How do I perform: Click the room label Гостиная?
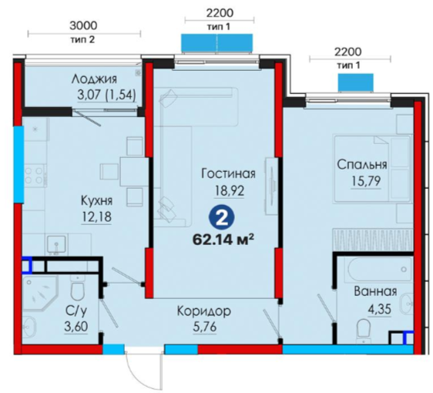point(228,174)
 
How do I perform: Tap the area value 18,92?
point(230,190)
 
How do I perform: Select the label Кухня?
point(96,200)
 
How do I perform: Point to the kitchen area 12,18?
point(96,217)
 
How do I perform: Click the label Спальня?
point(362,165)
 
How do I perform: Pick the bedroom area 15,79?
point(366,181)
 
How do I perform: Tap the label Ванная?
point(375,291)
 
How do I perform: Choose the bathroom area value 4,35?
point(379,309)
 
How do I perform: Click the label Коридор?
point(204,311)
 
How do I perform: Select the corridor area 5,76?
point(205,327)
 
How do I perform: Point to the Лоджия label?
point(94,79)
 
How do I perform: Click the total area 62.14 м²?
point(223,240)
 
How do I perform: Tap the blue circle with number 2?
point(221,218)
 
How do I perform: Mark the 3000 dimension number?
point(83,25)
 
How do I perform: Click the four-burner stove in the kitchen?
point(35,176)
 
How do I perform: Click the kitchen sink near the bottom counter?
point(56,245)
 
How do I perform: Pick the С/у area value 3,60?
point(76,327)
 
